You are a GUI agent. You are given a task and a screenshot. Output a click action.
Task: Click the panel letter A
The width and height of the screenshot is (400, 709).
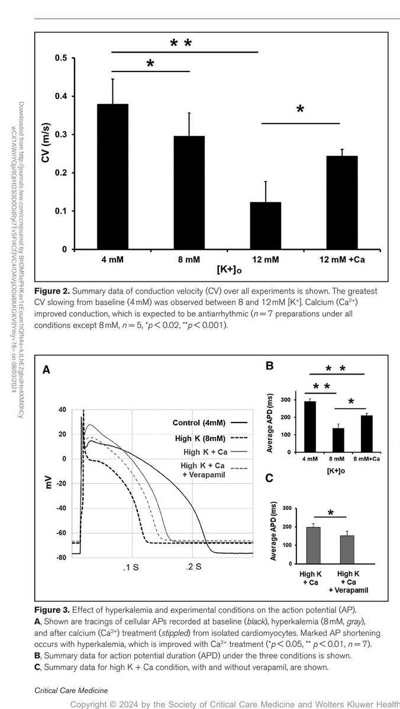(x=46, y=370)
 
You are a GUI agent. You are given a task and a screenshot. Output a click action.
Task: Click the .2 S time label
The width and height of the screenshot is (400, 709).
(x=194, y=567)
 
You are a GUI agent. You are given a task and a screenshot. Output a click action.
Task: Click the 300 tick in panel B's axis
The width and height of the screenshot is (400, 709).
(x=287, y=401)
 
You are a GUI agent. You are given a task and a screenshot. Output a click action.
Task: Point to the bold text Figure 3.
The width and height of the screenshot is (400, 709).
(x=52, y=609)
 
